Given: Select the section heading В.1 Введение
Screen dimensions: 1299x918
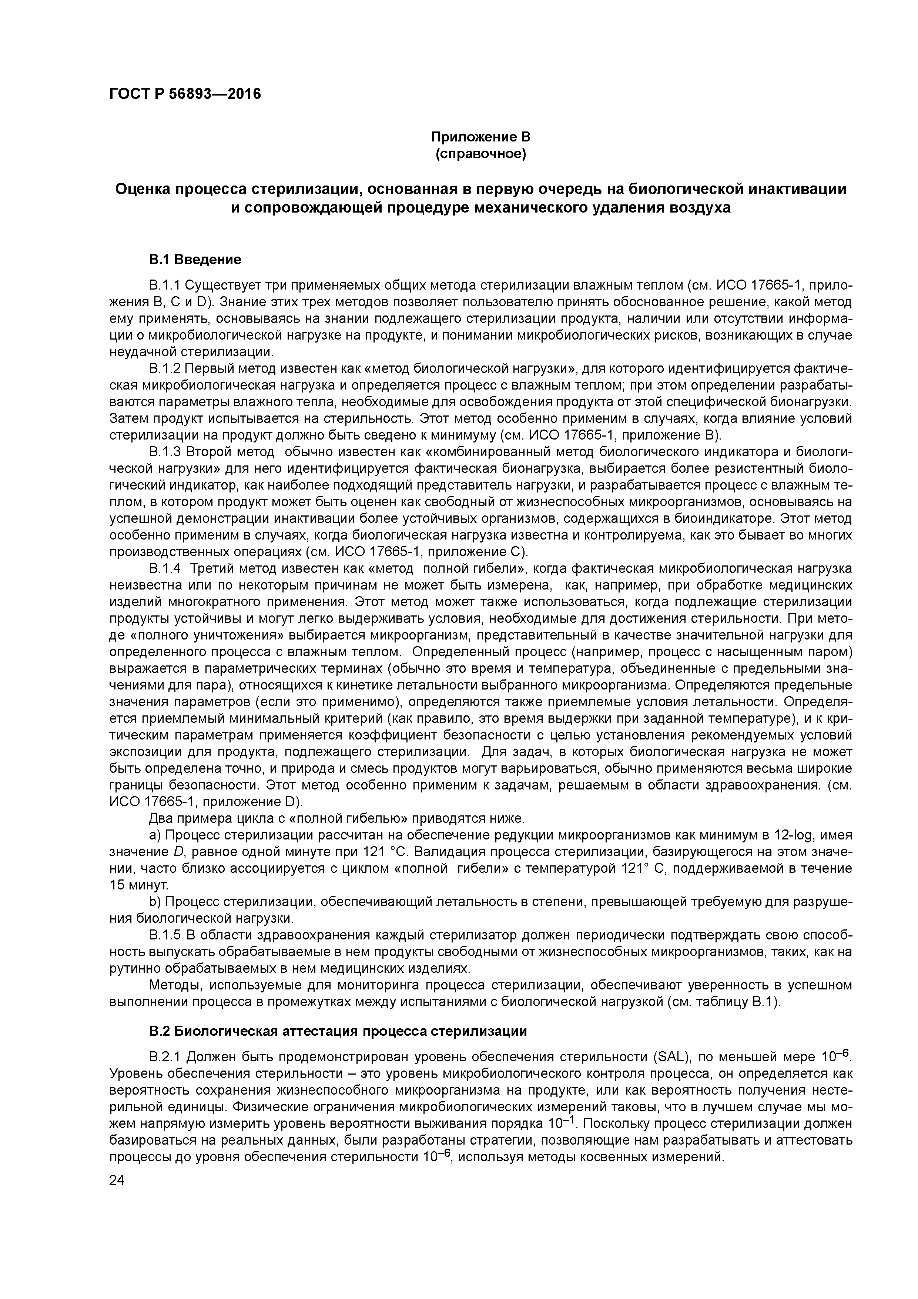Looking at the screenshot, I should (195, 260).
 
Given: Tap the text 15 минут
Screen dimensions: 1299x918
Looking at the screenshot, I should (136, 885).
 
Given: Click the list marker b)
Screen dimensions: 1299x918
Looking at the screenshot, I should (154, 901).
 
